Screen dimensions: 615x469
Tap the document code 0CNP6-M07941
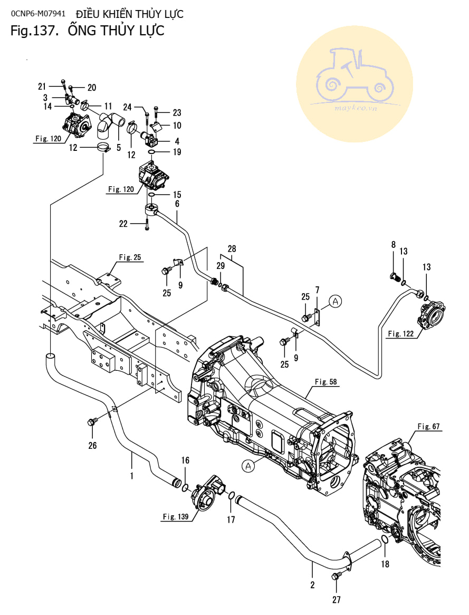click(38, 14)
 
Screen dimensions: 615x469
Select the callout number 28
click(233, 248)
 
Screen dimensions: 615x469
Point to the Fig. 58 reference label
click(326, 381)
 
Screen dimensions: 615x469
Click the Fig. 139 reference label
click(176, 516)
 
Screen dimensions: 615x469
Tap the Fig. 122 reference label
click(401, 333)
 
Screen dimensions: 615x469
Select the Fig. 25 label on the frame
click(130, 257)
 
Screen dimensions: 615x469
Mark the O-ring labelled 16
click(186, 485)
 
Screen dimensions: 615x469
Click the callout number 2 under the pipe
click(312, 584)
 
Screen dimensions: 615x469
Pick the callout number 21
click(42, 87)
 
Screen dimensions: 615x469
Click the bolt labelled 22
click(147, 224)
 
